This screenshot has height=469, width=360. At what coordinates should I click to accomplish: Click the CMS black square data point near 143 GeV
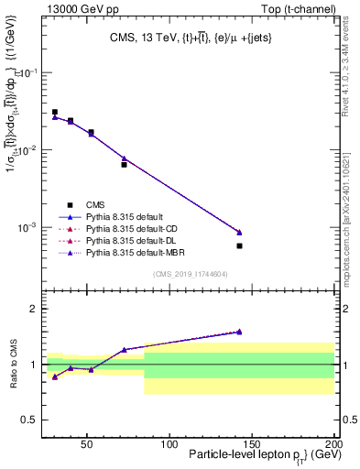(x=239, y=245)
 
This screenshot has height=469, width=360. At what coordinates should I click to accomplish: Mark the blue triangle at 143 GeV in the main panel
(x=239, y=232)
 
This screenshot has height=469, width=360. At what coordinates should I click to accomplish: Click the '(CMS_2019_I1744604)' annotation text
(x=191, y=274)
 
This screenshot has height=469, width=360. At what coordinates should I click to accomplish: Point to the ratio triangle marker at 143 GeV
(x=239, y=332)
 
